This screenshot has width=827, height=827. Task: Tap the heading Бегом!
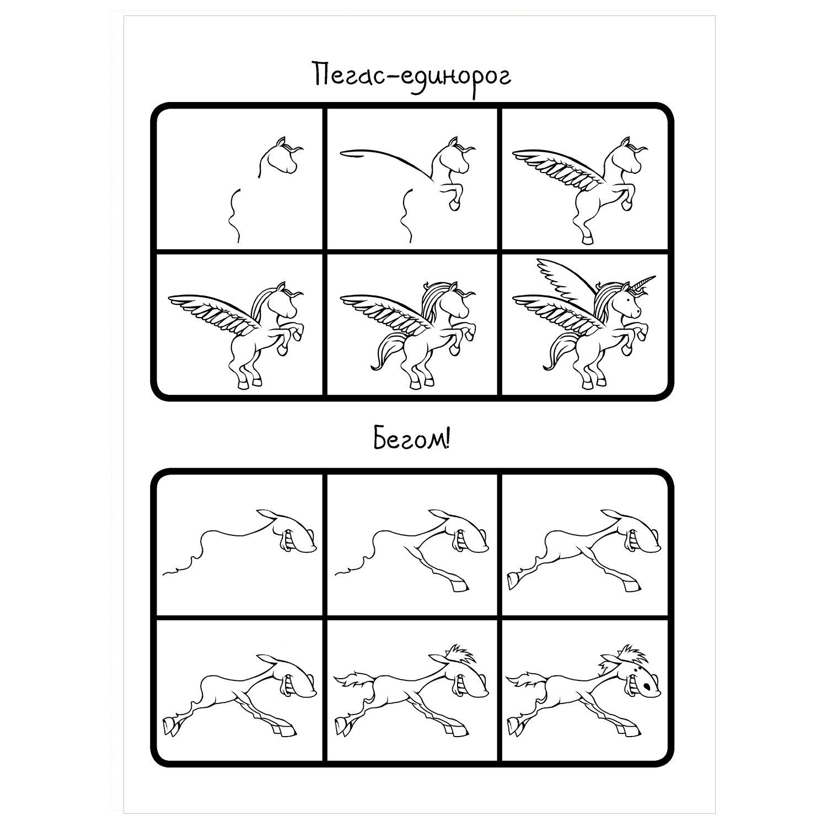[412, 442]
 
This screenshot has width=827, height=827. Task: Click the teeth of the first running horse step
[286, 539]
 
